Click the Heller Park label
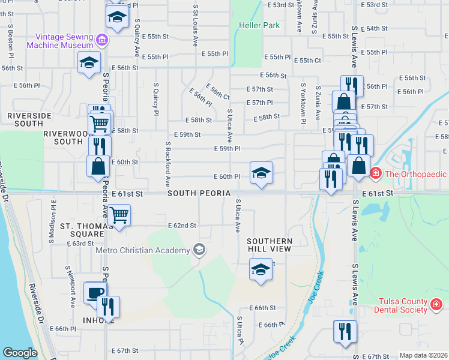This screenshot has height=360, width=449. [x=259, y=26]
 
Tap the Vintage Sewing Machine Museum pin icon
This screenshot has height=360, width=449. [x=101, y=40]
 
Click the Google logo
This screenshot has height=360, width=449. [x=20, y=353]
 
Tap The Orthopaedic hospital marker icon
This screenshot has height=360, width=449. [x=375, y=174]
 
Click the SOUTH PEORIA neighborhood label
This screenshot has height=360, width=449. [x=199, y=193]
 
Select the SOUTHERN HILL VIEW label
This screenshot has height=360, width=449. [x=270, y=245]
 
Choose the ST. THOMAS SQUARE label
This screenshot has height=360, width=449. [x=83, y=230]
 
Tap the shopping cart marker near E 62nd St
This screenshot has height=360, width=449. [x=119, y=214]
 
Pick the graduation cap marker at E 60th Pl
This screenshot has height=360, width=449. [x=261, y=173]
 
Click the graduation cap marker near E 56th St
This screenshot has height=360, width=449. [x=89, y=62]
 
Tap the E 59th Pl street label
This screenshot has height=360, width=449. [x=228, y=148]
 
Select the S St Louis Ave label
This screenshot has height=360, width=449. [x=196, y=27]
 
